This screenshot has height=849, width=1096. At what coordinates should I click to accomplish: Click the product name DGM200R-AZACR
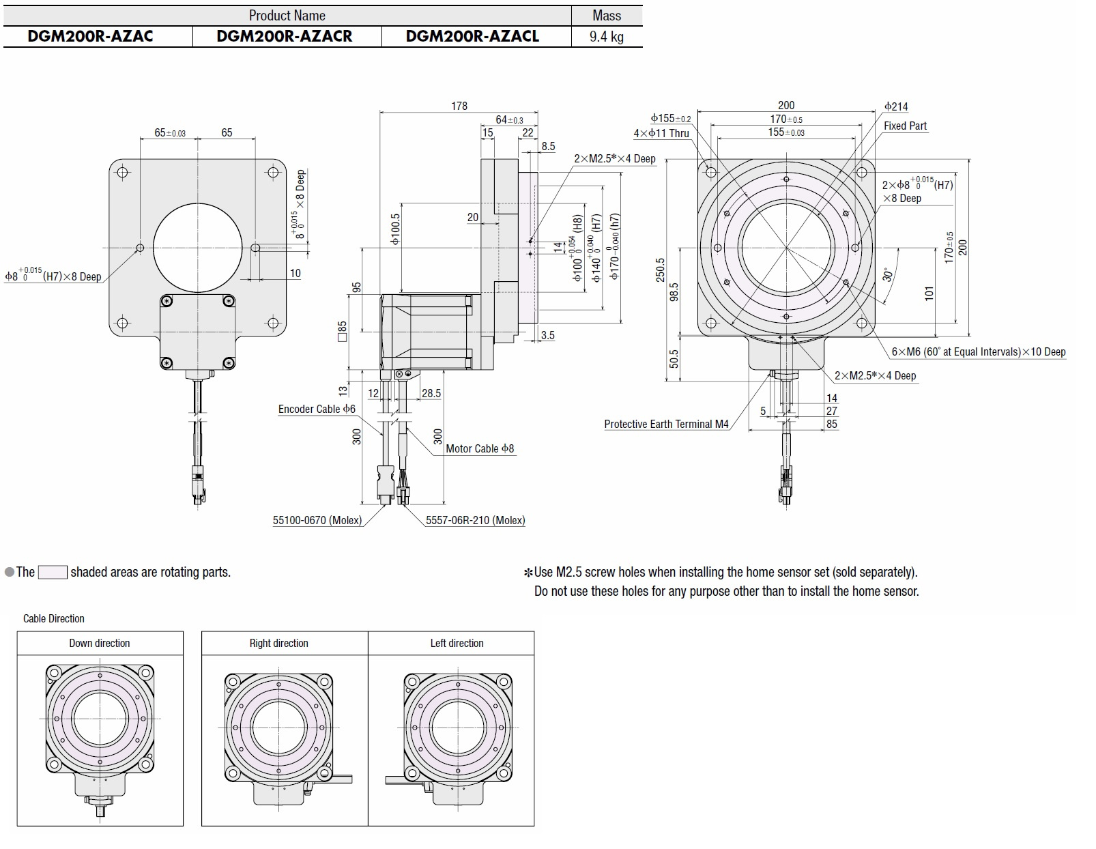coord(285,36)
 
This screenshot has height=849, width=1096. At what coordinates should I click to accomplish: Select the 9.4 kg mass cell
coord(606,36)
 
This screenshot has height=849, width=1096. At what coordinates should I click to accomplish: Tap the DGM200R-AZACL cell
coord(472,36)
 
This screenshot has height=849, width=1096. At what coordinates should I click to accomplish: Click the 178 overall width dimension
coord(459,106)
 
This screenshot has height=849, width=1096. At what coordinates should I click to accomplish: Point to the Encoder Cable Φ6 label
coord(317,409)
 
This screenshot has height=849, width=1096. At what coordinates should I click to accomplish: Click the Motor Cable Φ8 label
coord(480,448)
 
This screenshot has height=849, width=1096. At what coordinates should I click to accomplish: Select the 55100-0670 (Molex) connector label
coord(317,520)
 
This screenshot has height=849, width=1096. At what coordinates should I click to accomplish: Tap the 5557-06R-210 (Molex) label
coord(476,520)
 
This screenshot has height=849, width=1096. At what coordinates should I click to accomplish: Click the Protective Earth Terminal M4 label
coord(666,424)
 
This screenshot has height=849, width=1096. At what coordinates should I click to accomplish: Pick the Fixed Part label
coord(905,126)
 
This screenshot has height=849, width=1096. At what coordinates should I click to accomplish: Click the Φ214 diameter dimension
coord(896,106)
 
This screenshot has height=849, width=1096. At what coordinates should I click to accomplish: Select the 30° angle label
coord(887,274)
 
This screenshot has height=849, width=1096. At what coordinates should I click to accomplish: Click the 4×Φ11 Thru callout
coord(661,133)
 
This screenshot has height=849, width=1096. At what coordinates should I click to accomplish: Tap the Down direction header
coord(100,643)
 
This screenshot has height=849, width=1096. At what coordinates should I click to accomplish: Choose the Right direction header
coord(278,643)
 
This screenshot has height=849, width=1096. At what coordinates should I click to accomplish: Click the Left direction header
coord(457,643)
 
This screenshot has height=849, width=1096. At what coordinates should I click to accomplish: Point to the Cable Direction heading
coord(54,618)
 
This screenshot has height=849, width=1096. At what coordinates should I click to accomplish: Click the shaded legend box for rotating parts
coord(53,572)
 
